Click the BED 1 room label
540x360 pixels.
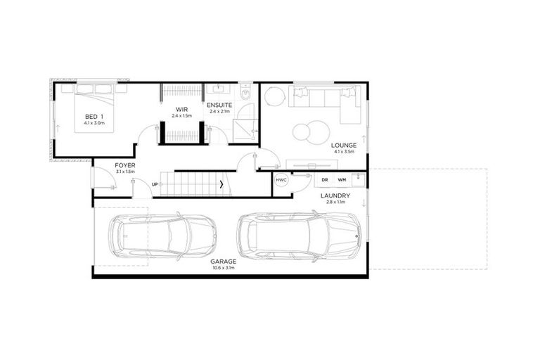pyautogui.click(x=94, y=116)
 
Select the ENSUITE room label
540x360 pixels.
pyautogui.click(x=219, y=105)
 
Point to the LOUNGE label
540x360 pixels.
pyautogui.click(x=345, y=146)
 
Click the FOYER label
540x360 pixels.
pyautogui.click(x=125, y=165)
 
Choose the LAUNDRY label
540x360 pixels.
pyautogui.click(x=335, y=195)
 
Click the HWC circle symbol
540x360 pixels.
pyautogui.click(x=282, y=180)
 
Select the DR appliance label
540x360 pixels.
pyautogui.click(x=324, y=180)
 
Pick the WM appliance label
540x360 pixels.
pyautogui.click(x=341, y=180)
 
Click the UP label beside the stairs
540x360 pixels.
pyautogui.click(x=155, y=184)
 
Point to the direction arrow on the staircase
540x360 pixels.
pyautogui.click(x=223, y=185)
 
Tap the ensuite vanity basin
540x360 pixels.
pyautogui.click(x=218, y=89)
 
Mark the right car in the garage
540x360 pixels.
pyautogui.click(x=299, y=236)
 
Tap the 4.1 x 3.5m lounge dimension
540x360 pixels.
pyautogui.click(x=345, y=152)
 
